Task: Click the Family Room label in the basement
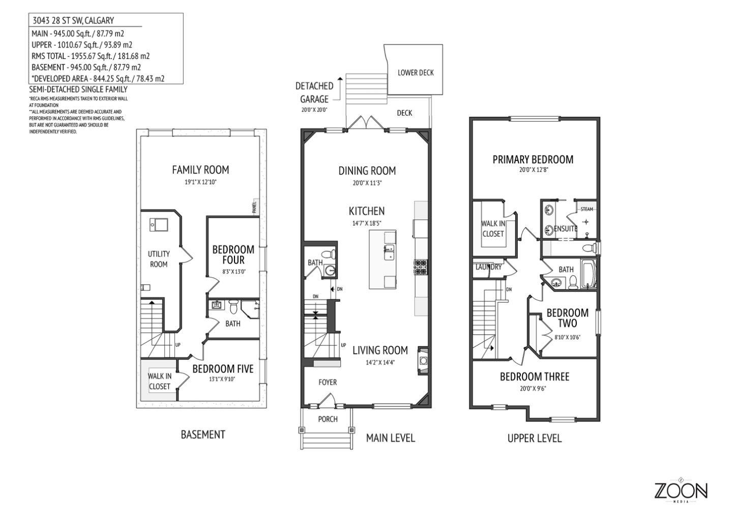point(200,170)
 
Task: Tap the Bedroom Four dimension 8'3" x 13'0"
point(233,272)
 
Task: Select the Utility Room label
point(159,259)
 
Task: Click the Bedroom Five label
point(222,369)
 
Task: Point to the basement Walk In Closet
point(159,381)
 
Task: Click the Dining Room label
point(367,171)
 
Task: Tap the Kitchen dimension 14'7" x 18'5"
point(367,223)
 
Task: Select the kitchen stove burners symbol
point(422,267)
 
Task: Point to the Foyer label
point(328,382)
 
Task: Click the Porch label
point(328,419)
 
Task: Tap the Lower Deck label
point(416,73)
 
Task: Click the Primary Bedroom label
point(533,160)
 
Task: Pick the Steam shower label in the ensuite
point(586,209)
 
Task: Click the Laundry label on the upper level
point(488,267)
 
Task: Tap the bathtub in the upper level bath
point(588,275)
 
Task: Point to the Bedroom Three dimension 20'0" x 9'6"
point(534,388)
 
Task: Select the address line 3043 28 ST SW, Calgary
point(73,21)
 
